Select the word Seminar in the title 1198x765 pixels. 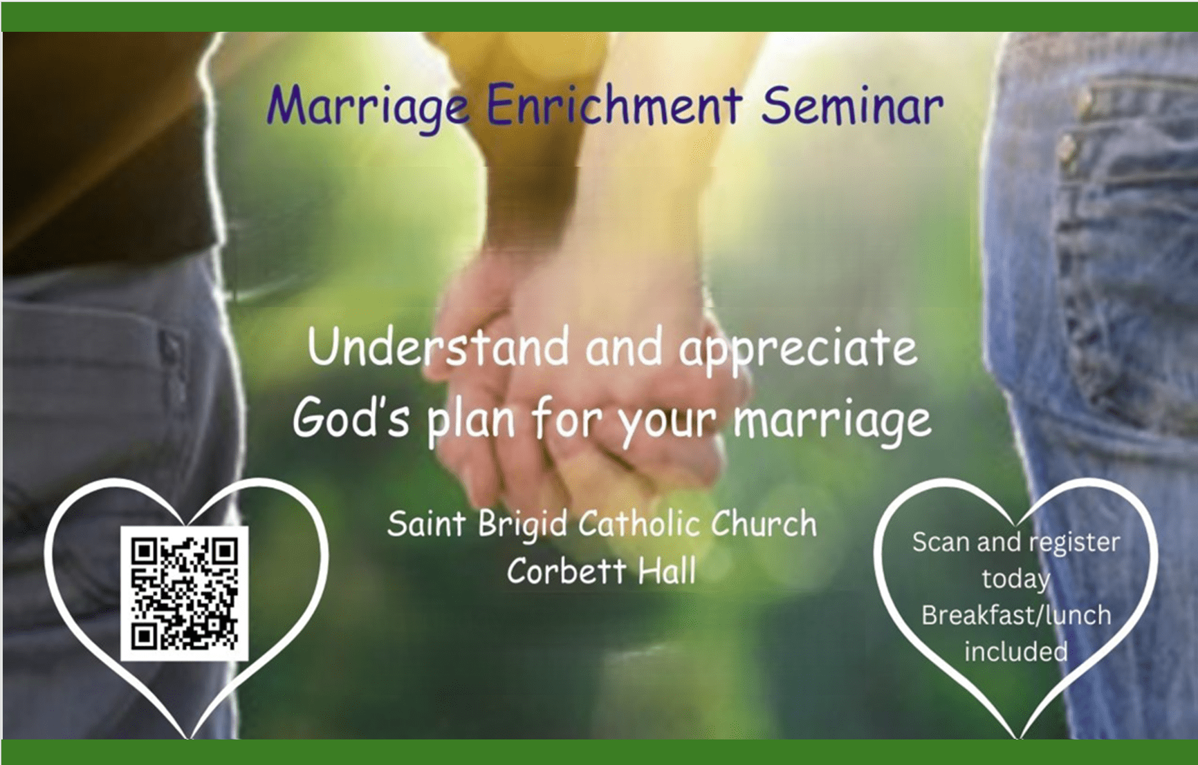pos(852,105)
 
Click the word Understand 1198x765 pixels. pos(439,347)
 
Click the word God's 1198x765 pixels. pos(351,418)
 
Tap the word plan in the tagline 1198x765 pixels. pos(471,422)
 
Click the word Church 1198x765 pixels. pos(764,523)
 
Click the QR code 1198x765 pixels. pos(185,594)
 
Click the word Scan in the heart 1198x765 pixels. pos(941,542)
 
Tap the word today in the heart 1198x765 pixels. pos(1015,579)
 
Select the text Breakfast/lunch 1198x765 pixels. pos(1016,615)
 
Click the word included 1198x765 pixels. pos(1016,651)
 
